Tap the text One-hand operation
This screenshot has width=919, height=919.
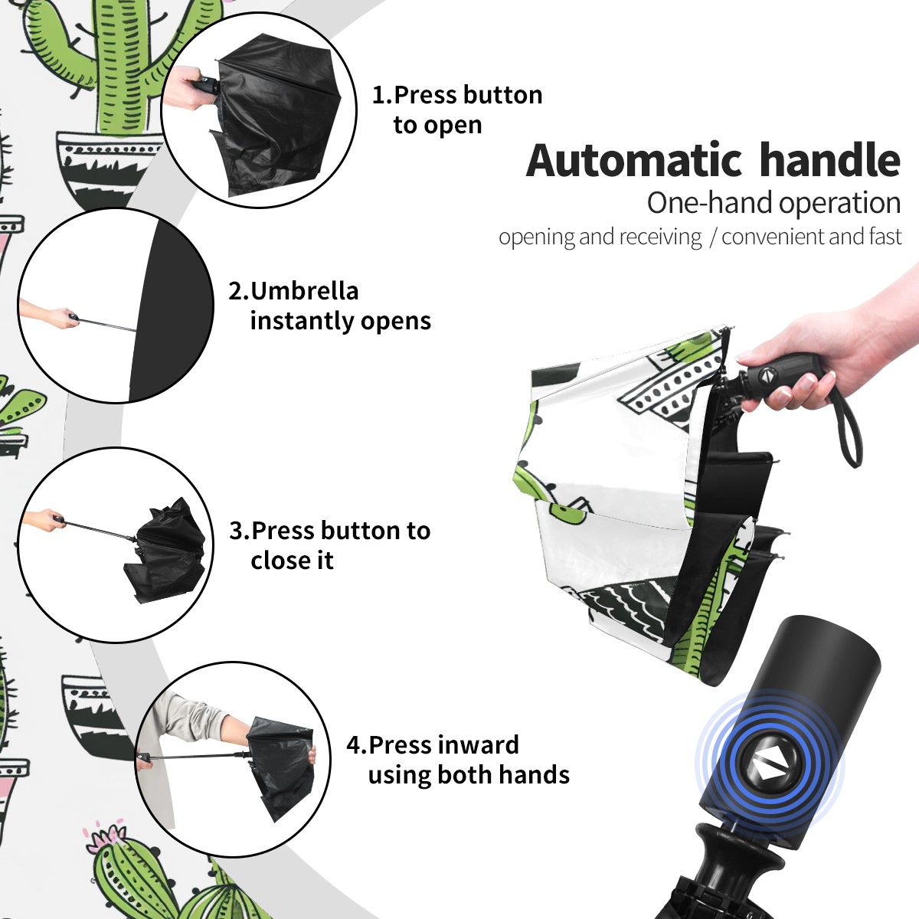point(773,203)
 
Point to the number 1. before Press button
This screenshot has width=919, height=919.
point(382,95)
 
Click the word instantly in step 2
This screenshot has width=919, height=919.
point(303,320)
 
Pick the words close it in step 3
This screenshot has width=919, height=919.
point(292,561)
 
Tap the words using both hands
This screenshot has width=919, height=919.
point(469,774)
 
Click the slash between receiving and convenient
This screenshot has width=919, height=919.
point(712,237)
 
